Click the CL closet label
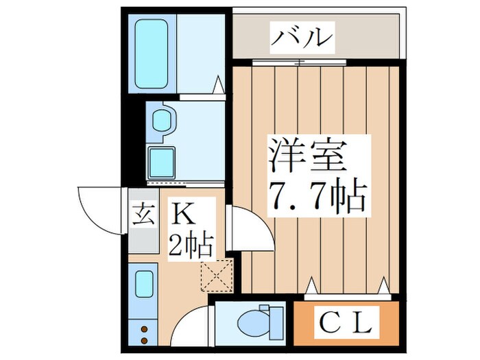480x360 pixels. tap(346, 321)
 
